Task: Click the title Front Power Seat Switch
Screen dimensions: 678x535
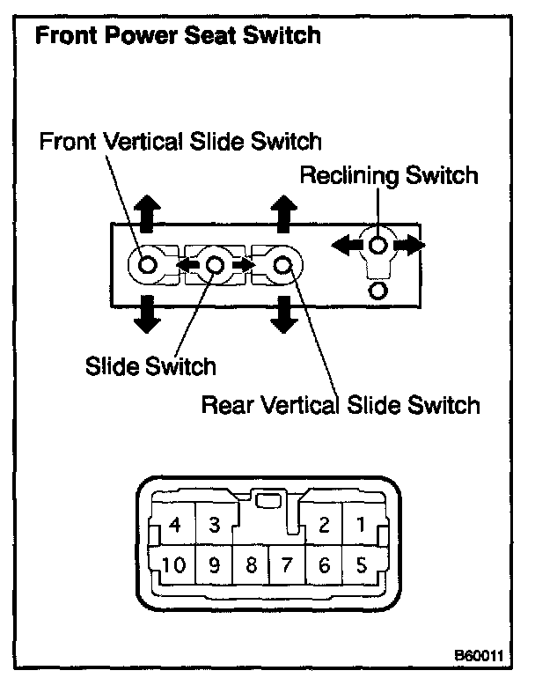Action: coord(176,37)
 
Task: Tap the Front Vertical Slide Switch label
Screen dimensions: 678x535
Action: coord(181,142)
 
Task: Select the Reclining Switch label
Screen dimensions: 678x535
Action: coord(389,175)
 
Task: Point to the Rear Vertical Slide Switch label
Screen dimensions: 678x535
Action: coord(341,405)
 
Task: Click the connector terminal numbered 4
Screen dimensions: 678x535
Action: coord(173,526)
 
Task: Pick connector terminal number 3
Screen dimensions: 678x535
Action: coord(214,526)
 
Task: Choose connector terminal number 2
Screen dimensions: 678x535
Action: coord(323,526)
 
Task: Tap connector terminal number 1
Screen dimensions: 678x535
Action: coord(360,526)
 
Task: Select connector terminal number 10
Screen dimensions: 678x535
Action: coord(174,564)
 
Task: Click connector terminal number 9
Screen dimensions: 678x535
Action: coord(214,564)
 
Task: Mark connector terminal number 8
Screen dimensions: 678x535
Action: coord(251,564)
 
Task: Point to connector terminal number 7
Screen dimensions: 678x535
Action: coord(287,564)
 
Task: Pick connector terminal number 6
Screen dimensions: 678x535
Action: coord(323,564)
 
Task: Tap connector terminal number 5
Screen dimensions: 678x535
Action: coord(360,564)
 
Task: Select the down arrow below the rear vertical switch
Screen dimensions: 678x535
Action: coord(282,314)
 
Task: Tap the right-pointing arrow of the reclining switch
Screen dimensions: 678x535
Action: coord(412,246)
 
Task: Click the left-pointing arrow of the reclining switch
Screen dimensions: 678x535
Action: coord(346,246)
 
